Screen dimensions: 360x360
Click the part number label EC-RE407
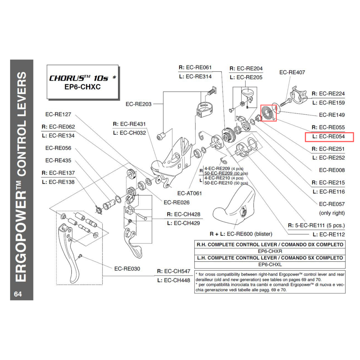292,72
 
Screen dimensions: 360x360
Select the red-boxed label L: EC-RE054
329,137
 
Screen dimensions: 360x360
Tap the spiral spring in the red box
268,113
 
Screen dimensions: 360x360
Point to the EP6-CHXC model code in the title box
82,87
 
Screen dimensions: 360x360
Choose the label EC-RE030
127,269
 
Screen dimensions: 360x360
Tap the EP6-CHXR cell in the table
270,251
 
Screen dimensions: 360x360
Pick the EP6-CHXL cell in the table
270,265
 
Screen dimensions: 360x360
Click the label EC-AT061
189,193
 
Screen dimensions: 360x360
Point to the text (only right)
332,213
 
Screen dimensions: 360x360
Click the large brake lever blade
70,256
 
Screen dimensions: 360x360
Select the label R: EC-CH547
174,271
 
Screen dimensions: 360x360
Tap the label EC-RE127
58,114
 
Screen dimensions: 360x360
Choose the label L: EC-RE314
195,76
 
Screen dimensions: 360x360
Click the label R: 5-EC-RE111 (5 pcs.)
316,226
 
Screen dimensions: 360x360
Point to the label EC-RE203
139,104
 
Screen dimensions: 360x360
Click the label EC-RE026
176,202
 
